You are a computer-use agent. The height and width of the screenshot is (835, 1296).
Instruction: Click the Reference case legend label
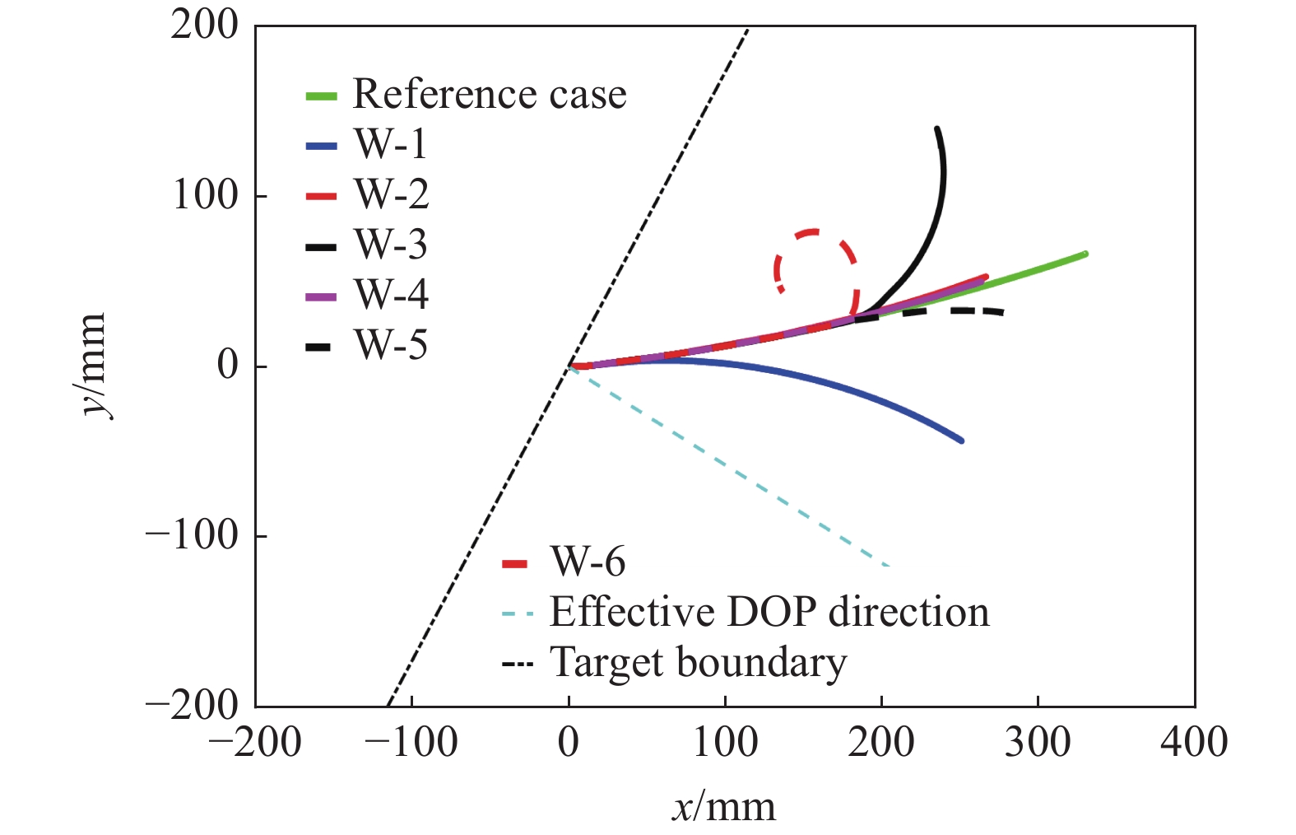489,94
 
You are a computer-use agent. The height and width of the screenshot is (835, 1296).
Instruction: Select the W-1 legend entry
391,145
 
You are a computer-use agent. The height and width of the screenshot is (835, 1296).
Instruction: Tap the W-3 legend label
391,245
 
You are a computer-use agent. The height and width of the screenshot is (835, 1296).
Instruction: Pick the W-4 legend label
391,295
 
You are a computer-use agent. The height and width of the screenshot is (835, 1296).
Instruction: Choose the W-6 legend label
588,562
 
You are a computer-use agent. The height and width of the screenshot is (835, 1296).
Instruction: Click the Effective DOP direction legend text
769,612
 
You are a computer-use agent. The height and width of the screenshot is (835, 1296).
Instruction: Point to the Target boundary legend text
698,663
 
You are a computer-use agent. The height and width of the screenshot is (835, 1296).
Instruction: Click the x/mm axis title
724,807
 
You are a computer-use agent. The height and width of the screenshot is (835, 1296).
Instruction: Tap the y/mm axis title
93,365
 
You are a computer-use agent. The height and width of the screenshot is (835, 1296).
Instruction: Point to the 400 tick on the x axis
1194,742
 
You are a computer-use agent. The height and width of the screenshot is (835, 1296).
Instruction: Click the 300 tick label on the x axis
1038,742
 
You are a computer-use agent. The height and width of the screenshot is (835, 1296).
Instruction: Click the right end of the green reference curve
1085,254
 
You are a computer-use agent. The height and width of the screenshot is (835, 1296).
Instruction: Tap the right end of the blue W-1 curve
961,441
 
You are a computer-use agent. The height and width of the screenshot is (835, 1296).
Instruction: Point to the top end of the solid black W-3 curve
936,129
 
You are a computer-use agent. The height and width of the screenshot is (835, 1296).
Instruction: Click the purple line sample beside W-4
321,296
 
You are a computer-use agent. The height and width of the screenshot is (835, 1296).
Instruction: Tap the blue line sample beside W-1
321,147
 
